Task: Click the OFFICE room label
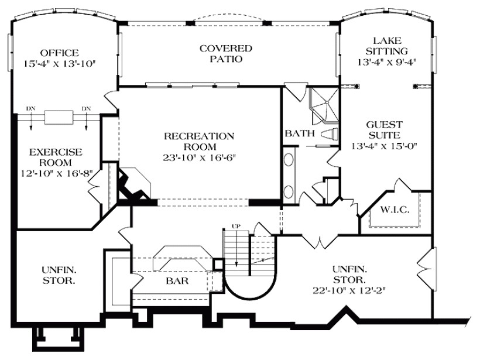pyautogui.click(x=59, y=53)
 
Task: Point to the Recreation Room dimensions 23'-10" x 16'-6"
pyautogui.click(x=199, y=157)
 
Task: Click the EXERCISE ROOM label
pyautogui.click(x=56, y=157)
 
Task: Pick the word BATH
pyautogui.click(x=297, y=134)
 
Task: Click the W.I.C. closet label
pyautogui.click(x=393, y=209)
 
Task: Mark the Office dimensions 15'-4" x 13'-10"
pyautogui.click(x=59, y=63)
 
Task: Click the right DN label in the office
pyautogui.click(x=86, y=108)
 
